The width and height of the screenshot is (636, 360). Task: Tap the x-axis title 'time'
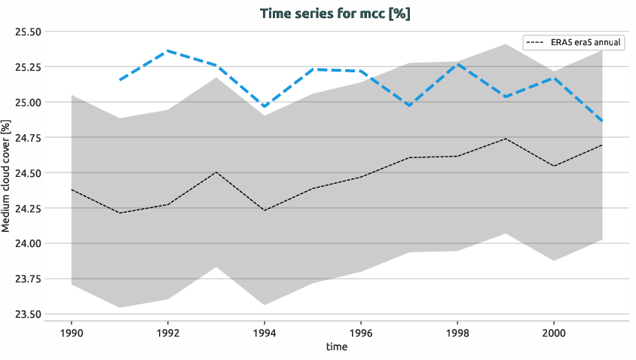click(x=337, y=346)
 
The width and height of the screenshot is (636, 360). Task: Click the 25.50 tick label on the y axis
click(x=28, y=32)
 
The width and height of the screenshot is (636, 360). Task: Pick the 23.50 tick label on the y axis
click(x=28, y=314)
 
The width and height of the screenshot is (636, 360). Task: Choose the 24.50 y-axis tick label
click(x=28, y=172)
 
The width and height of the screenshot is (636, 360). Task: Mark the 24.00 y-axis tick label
click(x=28, y=243)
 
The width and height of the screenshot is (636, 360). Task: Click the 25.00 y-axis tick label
click(x=28, y=102)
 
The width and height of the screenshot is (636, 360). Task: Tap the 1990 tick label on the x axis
click(x=72, y=331)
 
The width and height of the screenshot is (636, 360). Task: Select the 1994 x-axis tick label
click(x=264, y=331)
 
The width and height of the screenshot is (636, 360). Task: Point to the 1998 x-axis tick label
click(x=457, y=331)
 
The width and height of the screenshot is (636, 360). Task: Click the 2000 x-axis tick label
click(x=554, y=331)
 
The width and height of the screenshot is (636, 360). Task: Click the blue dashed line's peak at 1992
click(x=168, y=50)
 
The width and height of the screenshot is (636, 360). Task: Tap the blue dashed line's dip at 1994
click(x=264, y=107)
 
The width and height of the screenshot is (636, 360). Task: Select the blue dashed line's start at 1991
click(x=120, y=79)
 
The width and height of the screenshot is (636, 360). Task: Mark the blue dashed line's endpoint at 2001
click(x=602, y=121)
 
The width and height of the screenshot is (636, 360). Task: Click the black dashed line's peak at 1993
click(x=216, y=172)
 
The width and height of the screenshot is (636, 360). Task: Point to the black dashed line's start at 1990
click(x=72, y=190)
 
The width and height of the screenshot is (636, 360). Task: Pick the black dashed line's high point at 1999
click(x=506, y=139)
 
